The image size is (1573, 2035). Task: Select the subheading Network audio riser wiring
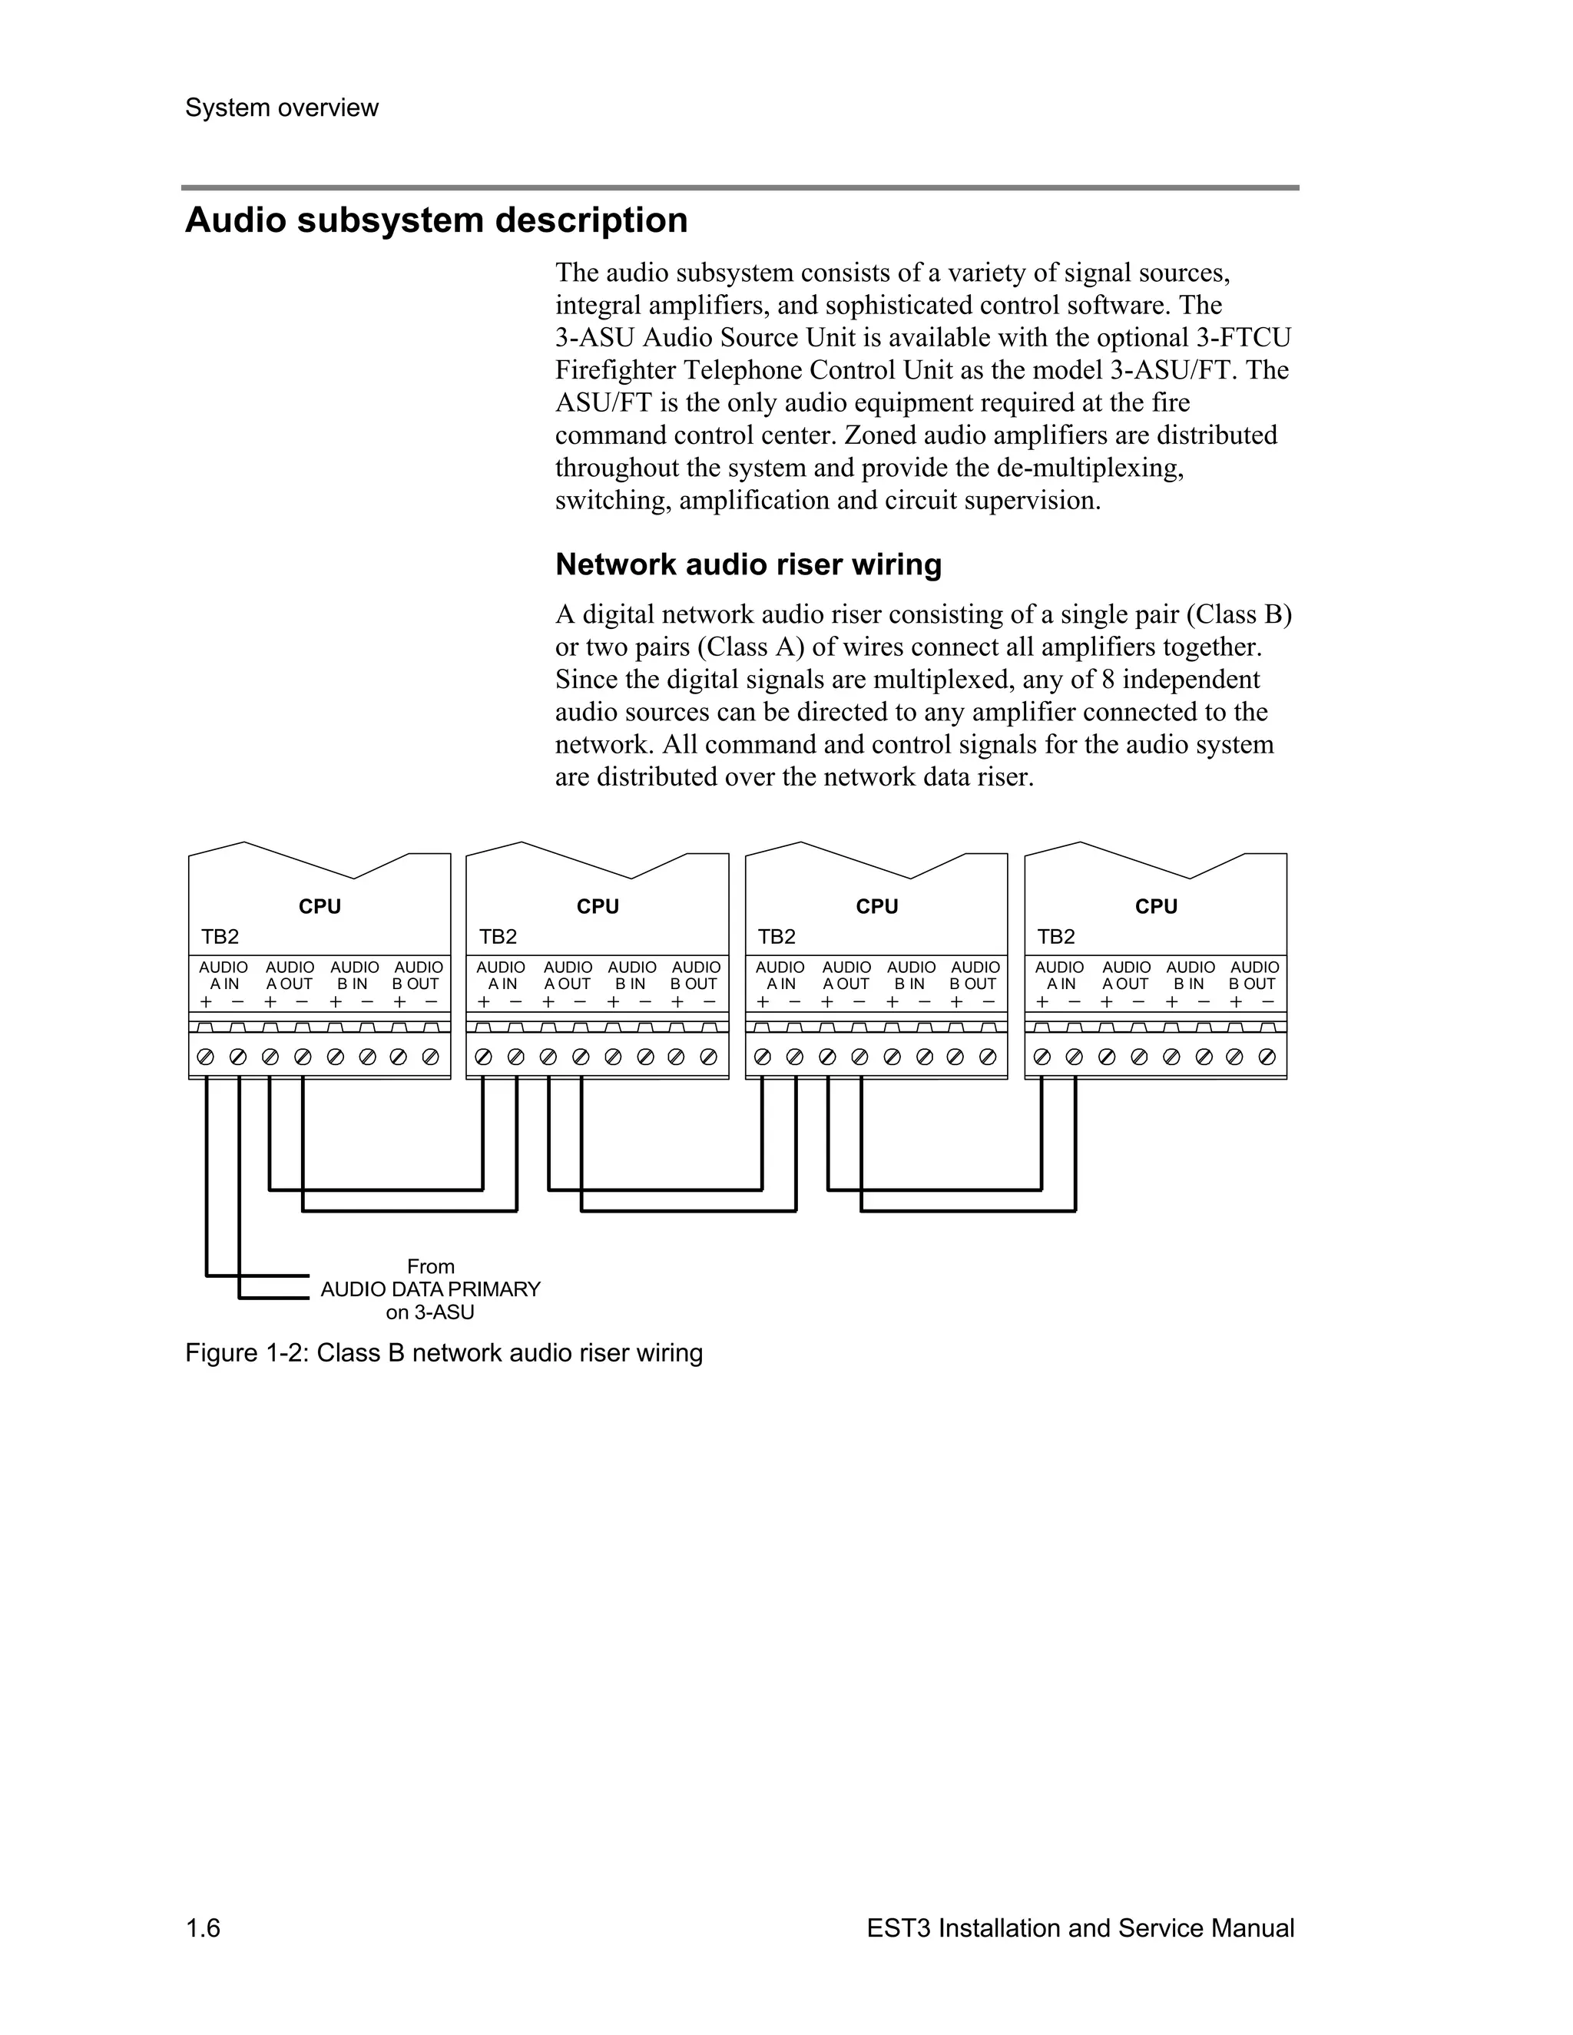point(748,564)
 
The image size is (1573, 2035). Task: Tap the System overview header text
point(281,108)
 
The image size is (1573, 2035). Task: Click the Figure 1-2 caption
point(444,1353)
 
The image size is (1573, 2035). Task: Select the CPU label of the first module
point(320,907)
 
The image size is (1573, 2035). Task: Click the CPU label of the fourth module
point(1155,907)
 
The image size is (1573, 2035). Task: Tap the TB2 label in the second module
point(498,938)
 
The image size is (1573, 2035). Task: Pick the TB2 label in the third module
point(777,938)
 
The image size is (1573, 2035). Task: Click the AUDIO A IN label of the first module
point(224,975)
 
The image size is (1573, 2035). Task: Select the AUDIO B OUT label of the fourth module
point(1253,975)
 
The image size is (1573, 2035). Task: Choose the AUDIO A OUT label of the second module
point(568,975)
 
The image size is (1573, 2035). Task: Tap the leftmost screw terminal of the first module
point(206,1057)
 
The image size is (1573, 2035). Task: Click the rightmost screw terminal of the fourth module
point(1267,1057)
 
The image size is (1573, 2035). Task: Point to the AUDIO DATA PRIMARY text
point(431,1289)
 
